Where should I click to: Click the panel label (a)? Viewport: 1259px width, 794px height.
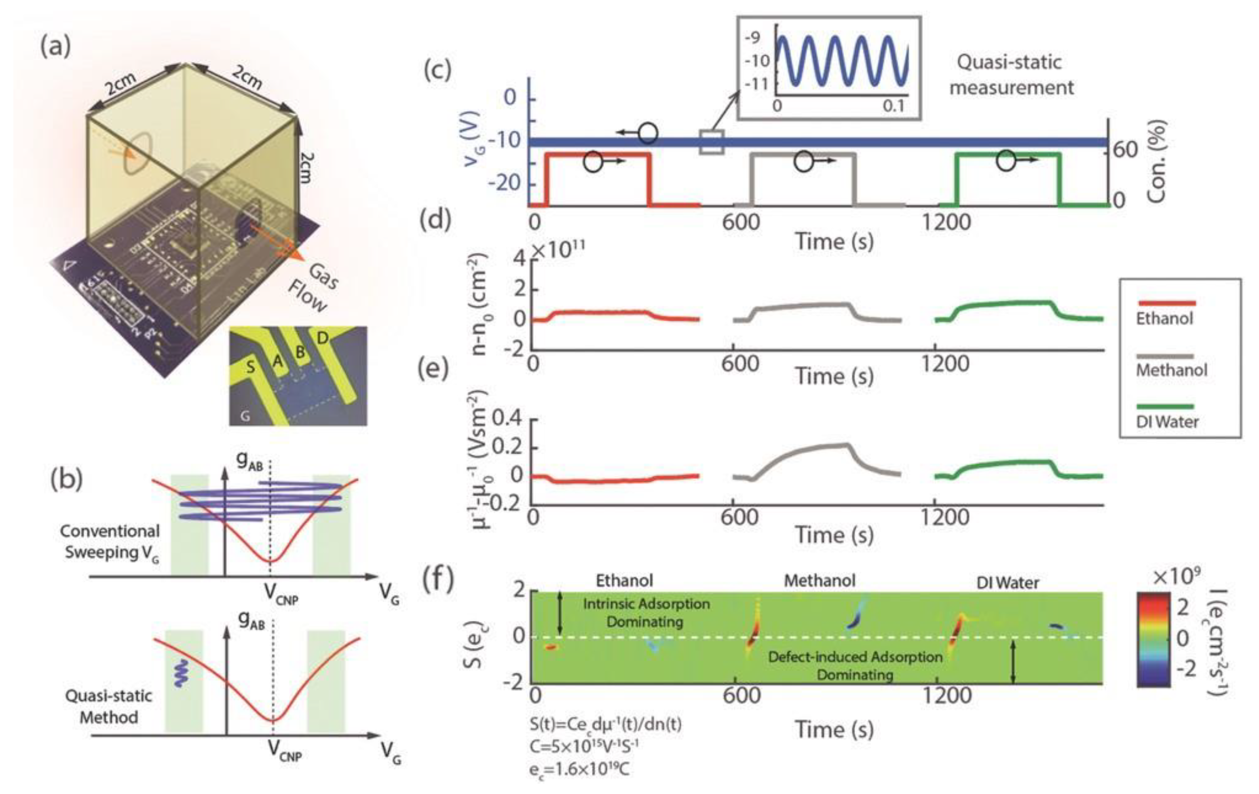[55, 47]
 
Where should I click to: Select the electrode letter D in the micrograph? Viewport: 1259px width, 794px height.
[322, 339]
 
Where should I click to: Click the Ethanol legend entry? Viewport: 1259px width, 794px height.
[1165, 318]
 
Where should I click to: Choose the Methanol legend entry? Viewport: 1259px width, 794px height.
[1172, 370]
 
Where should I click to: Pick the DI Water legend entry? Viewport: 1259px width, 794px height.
[1167, 421]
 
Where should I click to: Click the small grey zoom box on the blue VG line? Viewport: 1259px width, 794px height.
[711, 142]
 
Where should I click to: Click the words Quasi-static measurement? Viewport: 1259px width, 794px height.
[1011, 75]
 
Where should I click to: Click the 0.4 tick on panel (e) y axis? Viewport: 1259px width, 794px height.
[507, 419]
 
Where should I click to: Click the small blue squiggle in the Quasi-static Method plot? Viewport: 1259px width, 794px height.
[180, 673]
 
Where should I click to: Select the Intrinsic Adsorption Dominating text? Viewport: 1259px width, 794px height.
[646, 612]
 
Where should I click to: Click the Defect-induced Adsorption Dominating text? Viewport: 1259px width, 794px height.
[855, 665]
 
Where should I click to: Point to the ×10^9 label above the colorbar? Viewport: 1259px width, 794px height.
[1175, 576]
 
